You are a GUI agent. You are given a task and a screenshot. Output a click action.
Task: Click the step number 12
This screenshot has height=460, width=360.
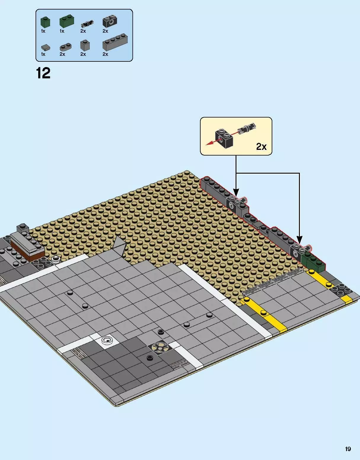43,73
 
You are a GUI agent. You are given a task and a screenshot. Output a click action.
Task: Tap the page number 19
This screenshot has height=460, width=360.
348,449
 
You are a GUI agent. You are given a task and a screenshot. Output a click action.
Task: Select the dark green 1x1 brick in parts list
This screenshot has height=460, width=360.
45,22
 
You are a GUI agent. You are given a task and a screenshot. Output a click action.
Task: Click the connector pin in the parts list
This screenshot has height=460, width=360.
87,23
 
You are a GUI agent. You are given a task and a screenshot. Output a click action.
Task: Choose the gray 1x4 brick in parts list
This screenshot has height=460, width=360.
115,43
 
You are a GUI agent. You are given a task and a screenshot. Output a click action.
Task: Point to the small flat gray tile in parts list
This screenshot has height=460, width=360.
45,47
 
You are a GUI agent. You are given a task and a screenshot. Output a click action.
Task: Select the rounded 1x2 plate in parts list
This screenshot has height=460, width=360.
65,47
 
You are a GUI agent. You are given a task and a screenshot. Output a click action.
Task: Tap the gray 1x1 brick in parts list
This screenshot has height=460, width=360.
85,45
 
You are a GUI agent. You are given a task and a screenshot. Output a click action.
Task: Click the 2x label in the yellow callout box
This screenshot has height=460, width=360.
261,146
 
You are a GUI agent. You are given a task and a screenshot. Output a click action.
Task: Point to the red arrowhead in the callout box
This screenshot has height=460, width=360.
209,144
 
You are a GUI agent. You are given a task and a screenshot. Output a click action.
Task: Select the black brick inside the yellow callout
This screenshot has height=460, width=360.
224,139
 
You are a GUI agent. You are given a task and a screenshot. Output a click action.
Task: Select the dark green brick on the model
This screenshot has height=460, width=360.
313,262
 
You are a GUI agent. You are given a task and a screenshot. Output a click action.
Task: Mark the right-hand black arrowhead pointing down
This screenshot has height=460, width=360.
300,239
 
